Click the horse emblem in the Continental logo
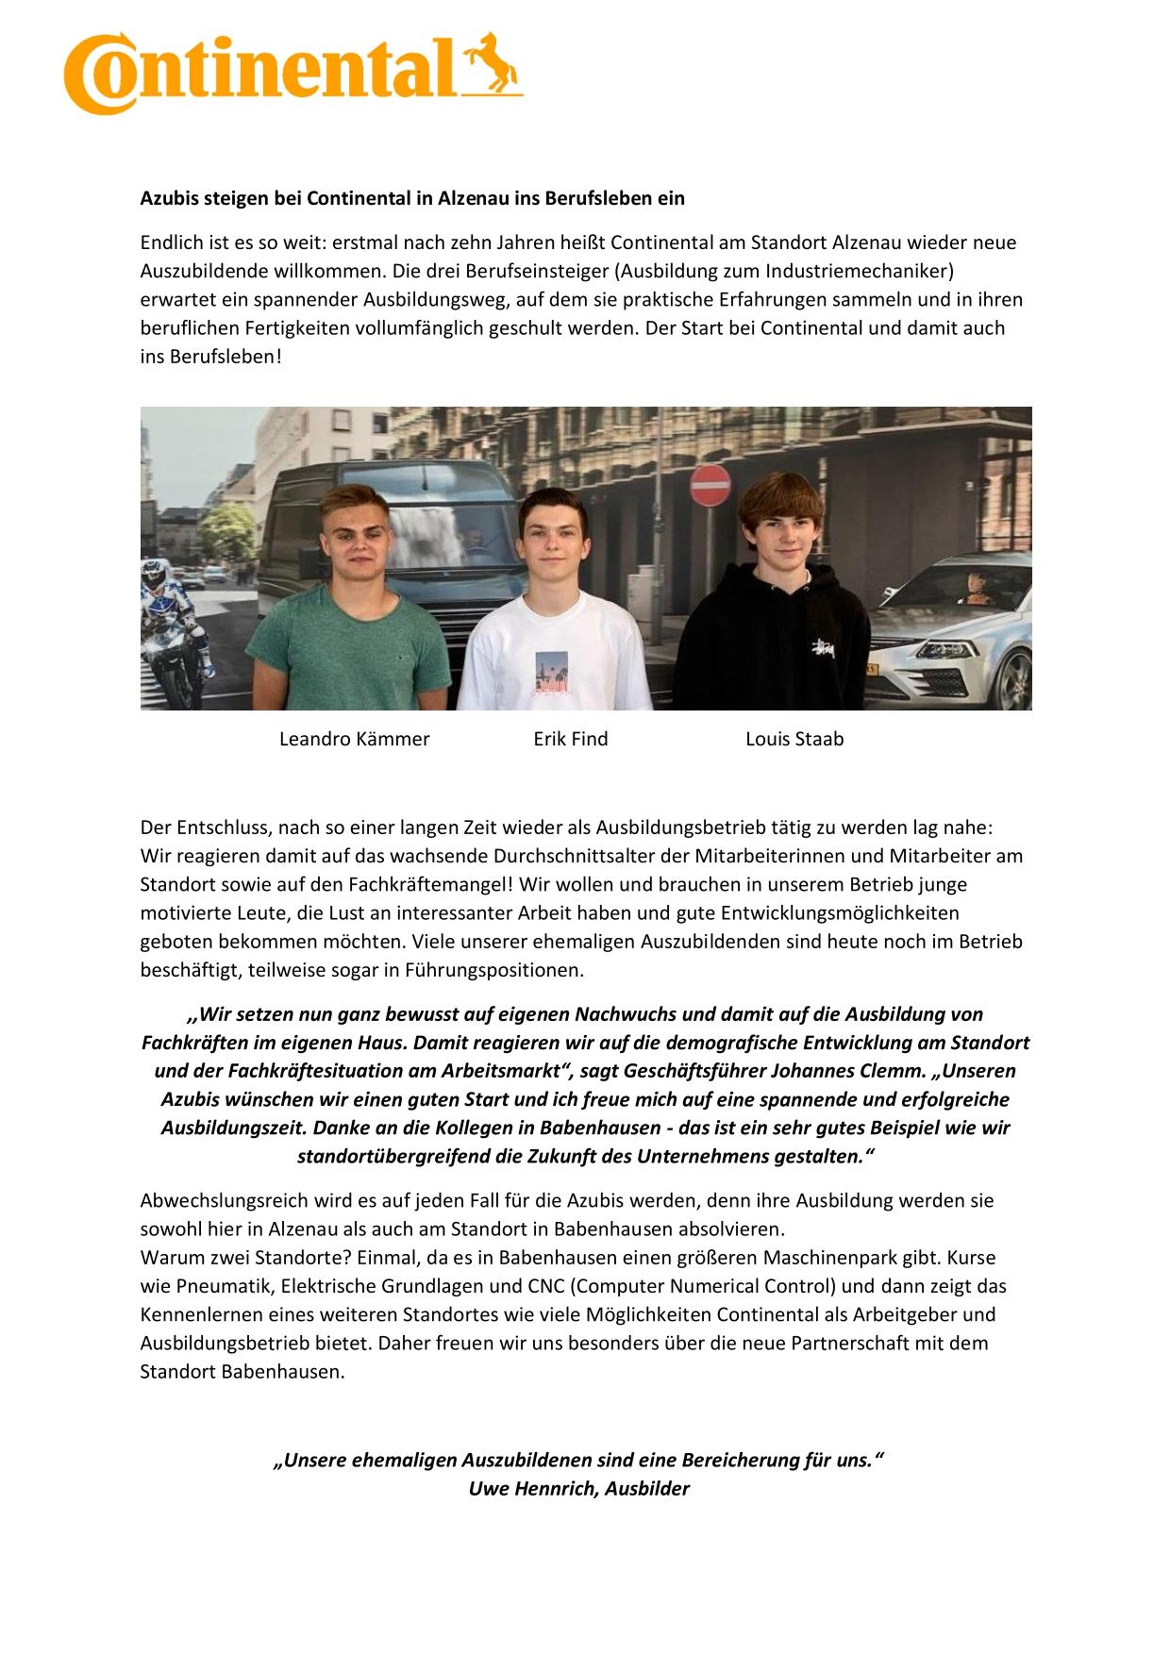[x=497, y=64]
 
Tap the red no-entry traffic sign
[x=710, y=485]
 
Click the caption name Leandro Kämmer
[x=354, y=739]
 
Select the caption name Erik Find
[x=570, y=739]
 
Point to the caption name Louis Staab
[x=794, y=739]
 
